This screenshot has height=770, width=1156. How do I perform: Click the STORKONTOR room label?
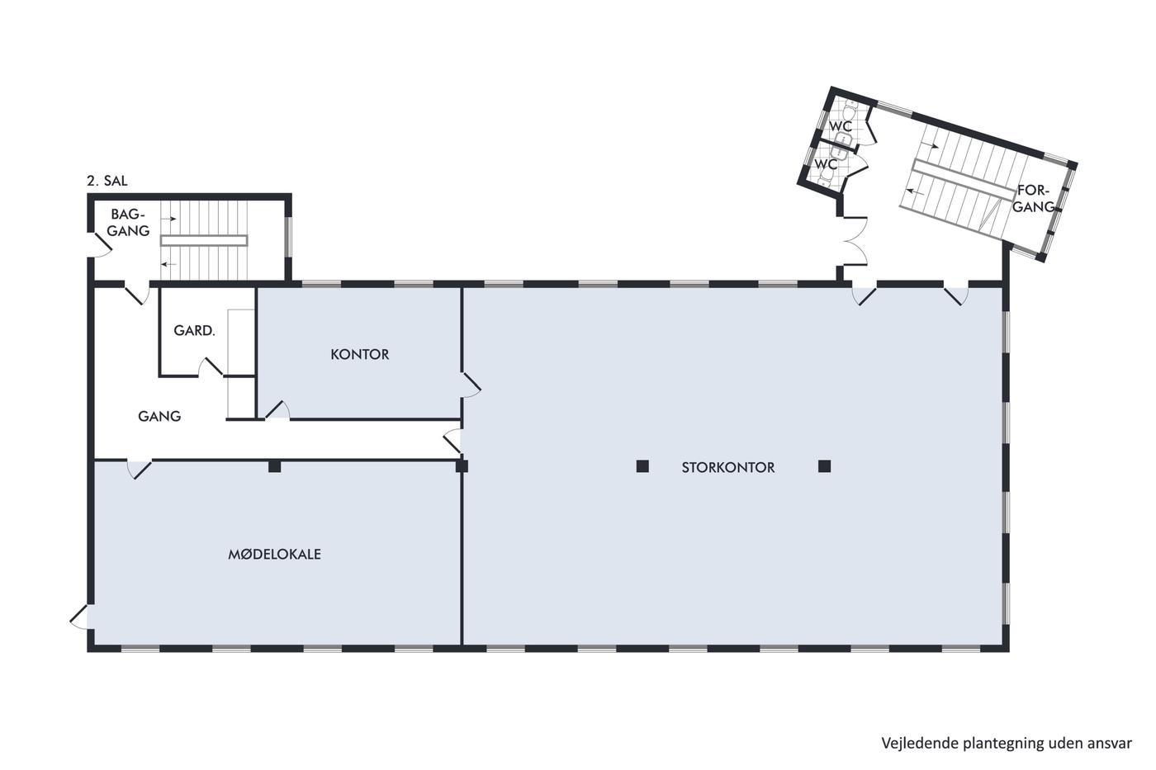[x=727, y=468]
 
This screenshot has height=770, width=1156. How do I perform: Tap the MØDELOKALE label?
[x=274, y=555]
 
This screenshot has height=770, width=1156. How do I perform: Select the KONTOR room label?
[x=360, y=354]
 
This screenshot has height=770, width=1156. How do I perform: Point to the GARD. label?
[x=194, y=331]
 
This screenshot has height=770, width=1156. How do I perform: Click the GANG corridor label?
[x=159, y=416]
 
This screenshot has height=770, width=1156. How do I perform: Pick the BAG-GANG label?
[x=128, y=223]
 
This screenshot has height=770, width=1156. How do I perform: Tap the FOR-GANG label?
[x=1034, y=199]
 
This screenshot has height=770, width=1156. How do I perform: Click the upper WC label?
[x=841, y=126]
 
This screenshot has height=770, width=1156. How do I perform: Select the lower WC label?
[x=826, y=164]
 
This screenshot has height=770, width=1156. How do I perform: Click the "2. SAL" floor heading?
[x=107, y=181]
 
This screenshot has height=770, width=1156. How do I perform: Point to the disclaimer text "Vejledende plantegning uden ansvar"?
[x=1007, y=744]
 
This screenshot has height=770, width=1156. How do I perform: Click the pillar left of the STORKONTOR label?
[x=642, y=466]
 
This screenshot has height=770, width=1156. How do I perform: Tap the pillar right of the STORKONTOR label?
[x=825, y=466]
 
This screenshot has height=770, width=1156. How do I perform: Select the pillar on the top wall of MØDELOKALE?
[x=274, y=466]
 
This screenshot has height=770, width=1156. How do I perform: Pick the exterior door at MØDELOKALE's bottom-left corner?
[x=79, y=616]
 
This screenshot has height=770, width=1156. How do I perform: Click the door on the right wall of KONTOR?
[x=471, y=385]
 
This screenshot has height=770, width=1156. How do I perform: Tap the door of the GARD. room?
[x=211, y=366]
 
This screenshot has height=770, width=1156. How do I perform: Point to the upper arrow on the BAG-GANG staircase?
[x=168, y=219]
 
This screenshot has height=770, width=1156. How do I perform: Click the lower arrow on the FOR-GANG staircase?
[x=916, y=191]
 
